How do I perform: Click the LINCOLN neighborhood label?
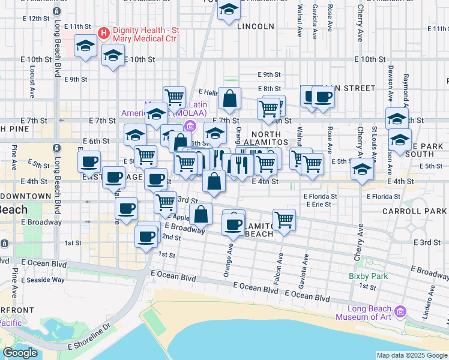pyautogui.click(x=255, y=26)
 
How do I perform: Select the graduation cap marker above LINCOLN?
pyautogui.click(x=229, y=10)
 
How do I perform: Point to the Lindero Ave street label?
pyautogui.click(x=430, y=298)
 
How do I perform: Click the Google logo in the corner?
pyautogui.click(x=20, y=353)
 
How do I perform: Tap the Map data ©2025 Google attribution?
pyautogui.click(x=411, y=355)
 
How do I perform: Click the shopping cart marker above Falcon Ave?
pyautogui.click(x=284, y=219)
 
